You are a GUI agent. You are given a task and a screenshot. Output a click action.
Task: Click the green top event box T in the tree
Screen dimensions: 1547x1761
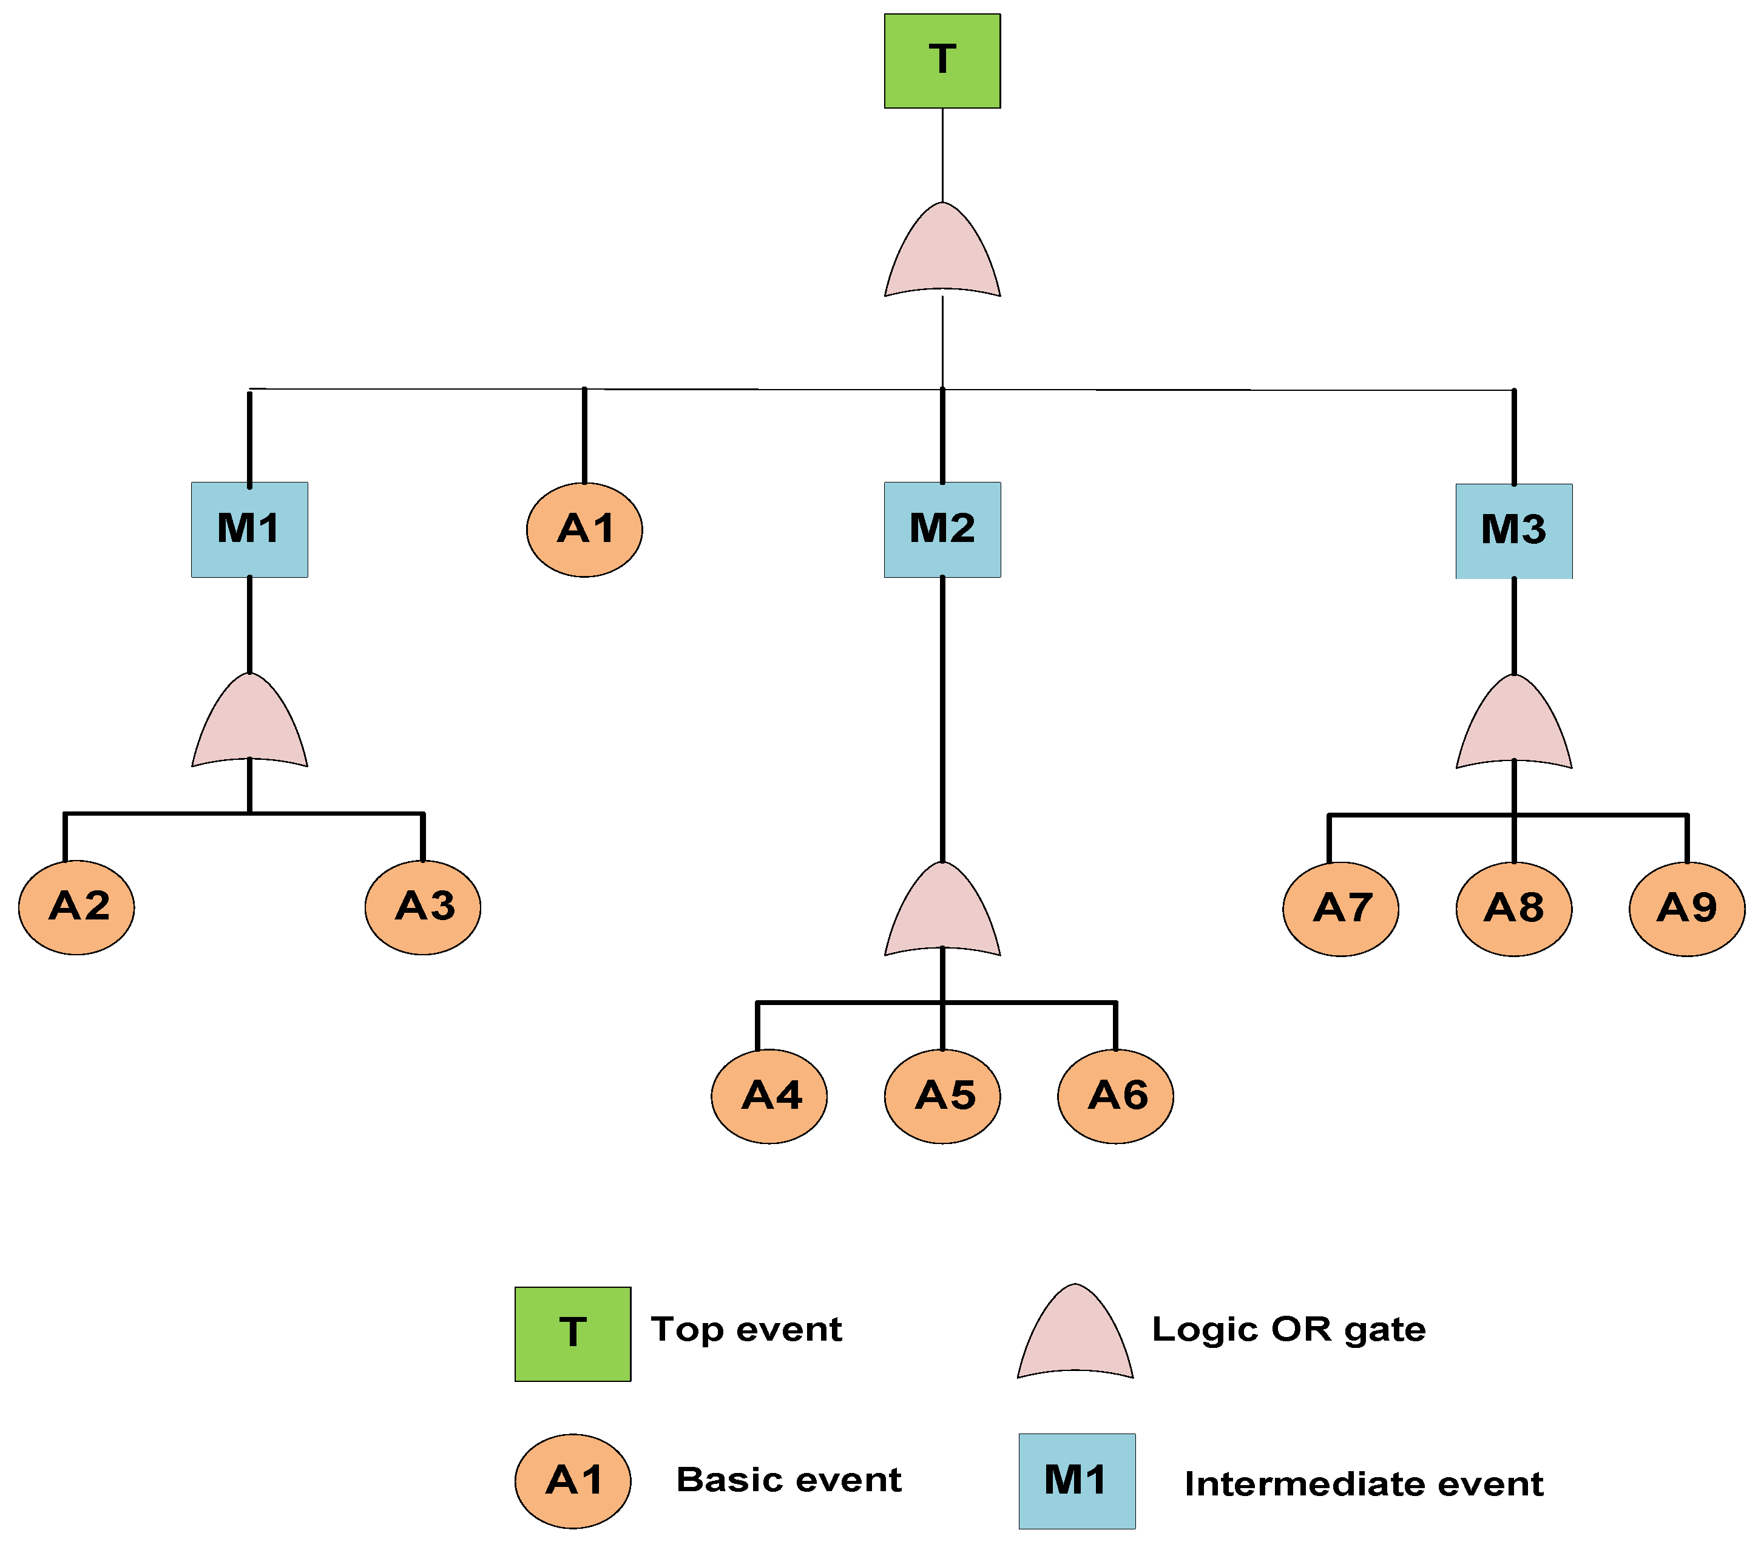942,60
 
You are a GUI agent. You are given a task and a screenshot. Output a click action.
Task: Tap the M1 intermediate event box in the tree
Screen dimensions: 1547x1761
249,529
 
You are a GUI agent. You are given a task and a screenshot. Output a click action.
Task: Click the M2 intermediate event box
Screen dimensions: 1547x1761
942,529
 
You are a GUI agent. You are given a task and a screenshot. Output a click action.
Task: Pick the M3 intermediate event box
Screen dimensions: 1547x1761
1514,531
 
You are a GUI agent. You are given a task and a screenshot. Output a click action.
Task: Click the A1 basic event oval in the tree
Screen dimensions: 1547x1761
584,529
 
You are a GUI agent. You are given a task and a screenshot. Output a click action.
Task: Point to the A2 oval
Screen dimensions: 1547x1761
76,907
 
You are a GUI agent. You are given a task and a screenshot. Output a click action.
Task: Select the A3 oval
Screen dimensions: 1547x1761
422,907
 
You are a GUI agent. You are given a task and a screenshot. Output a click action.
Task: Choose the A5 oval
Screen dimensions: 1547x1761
942,1095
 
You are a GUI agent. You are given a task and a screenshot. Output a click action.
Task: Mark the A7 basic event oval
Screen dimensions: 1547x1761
1340,909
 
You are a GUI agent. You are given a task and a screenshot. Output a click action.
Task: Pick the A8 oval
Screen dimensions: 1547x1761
1514,909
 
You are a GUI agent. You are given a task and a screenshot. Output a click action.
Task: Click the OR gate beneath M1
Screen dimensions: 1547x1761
249,726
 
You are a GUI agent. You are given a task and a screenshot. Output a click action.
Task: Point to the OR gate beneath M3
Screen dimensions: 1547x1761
1514,728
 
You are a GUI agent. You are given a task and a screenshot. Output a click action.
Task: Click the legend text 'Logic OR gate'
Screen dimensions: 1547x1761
1288,1330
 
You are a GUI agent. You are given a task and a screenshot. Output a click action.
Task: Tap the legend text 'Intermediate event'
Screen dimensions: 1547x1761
1363,1484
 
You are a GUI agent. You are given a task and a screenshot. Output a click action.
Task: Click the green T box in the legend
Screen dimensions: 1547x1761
572,1333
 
